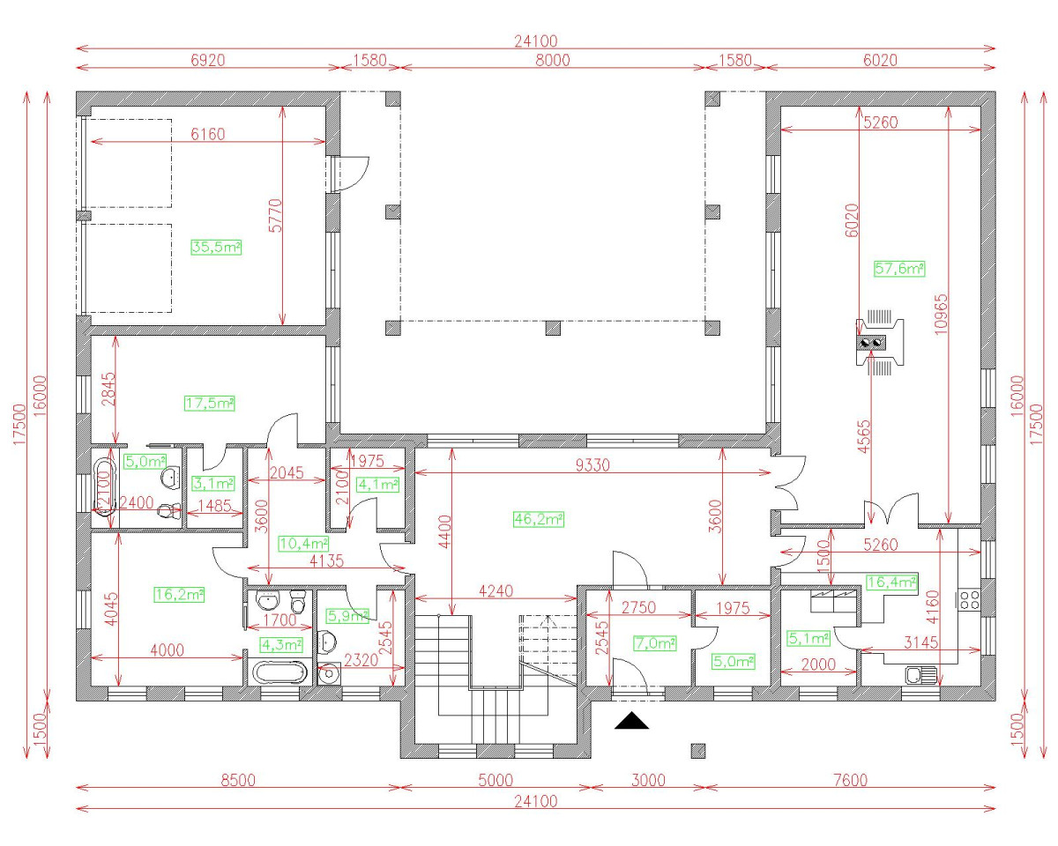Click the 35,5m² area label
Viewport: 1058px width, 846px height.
(x=216, y=247)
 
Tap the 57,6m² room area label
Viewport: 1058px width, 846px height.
(x=899, y=269)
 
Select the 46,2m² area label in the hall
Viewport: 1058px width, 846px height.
(x=539, y=518)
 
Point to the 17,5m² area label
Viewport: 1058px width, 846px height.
(x=210, y=403)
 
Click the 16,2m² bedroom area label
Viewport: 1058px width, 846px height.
(x=180, y=594)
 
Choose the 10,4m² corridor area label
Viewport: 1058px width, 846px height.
(x=303, y=543)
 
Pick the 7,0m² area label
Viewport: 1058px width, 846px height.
(x=654, y=643)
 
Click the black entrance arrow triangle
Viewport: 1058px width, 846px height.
(x=632, y=720)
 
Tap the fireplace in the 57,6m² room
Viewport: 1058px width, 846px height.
(x=880, y=342)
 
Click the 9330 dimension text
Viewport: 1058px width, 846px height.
(x=592, y=465)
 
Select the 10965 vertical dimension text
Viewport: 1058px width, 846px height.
(x=941, y=315)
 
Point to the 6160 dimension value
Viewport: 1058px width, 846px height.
(x=207, y=134)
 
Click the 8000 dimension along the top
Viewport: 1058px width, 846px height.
(x=553, y=61)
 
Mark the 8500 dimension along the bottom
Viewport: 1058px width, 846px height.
(x=238, y=780)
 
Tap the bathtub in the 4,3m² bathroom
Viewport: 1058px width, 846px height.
(x=279, y=672)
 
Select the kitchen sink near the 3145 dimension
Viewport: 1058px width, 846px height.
(x=920, y=675)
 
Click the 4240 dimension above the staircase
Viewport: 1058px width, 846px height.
(x=495, y=590)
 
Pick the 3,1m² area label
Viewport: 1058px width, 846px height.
(x=212, y=483)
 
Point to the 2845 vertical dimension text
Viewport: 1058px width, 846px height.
(x=108, y=389)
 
